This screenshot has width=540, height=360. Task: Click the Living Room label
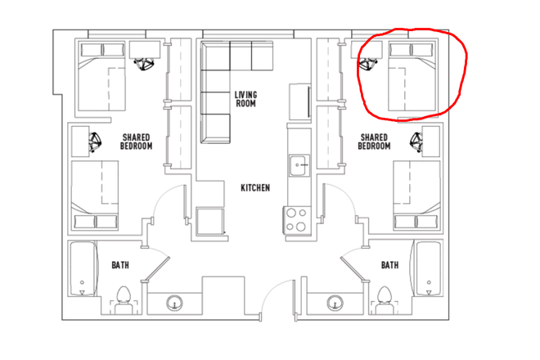point(245,99)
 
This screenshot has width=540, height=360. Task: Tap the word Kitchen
point(254,188)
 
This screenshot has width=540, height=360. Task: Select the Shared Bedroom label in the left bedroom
point(137,142)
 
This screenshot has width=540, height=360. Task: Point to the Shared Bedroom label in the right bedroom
point(374,142)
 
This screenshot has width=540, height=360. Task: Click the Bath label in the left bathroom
point(120,265)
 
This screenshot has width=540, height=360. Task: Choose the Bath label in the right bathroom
point(389,265)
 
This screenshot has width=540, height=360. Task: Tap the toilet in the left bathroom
point(124,299)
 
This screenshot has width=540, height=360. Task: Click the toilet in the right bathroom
point(385,299)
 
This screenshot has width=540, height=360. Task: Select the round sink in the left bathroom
point(175,304)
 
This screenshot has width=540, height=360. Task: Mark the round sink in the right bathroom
point(334,304)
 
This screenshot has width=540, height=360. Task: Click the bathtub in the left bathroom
point(82,270)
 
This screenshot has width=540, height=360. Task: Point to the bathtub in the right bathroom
point(428,270)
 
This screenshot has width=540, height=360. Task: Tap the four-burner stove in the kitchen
point(295,219)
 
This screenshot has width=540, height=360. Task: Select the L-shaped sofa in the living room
point(223,82)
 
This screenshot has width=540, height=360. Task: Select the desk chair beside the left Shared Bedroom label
point(96,142)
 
